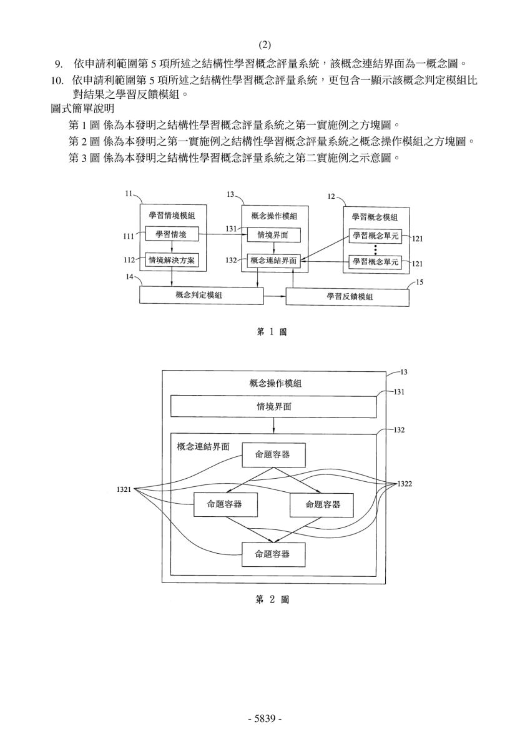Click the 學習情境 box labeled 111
click(x=172, y=234)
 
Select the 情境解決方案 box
click(x=172, y=260)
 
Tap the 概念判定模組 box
click(x=201, y=295)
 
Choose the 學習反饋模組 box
click(x=348, y=297)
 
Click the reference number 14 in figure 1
click(x=129, y=277)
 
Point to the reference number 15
click(x=420, y=282)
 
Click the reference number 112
click(x=129, y=260)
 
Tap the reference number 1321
click(x=124, y=489)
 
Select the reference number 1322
click(x=405, y=484)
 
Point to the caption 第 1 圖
click(x=272, y=332)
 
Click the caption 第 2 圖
click(x=272, y=599)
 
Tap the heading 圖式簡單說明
click(x=82, y=109)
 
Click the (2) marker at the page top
click(x=265, y=44)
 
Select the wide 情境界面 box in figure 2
click(x=273, y=406)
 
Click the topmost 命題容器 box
click(x=273, y=455)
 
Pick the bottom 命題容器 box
click(x=273, y=554)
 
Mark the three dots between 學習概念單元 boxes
click(x=376, y=249)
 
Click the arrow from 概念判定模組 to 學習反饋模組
click(x=275, y=296)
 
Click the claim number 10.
click(x=57, y=81)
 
